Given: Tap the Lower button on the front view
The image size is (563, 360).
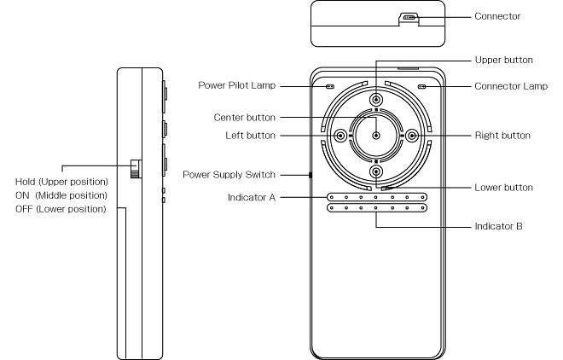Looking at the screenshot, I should tap(376, 171).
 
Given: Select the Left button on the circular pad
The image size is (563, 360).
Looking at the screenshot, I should tap(340, 136).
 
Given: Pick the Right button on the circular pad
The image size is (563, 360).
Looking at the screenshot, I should tap(412, 136).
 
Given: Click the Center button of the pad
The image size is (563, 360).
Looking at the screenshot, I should tap(376, 136).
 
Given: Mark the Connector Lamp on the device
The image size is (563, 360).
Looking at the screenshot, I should tap(421, 87).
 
